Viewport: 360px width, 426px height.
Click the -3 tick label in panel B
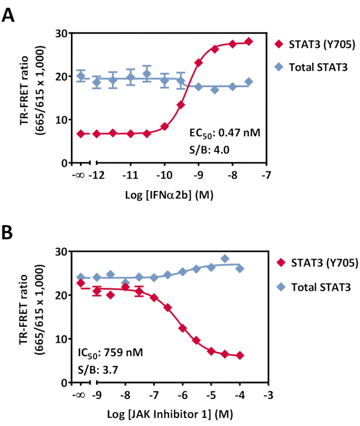coord(267,396)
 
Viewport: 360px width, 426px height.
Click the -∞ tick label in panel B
coord(80,396)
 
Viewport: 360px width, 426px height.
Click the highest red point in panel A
coord(249,42)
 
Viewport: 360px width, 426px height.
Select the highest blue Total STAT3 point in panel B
coord(225,258)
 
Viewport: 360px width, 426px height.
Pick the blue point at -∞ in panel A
coord(81,76)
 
